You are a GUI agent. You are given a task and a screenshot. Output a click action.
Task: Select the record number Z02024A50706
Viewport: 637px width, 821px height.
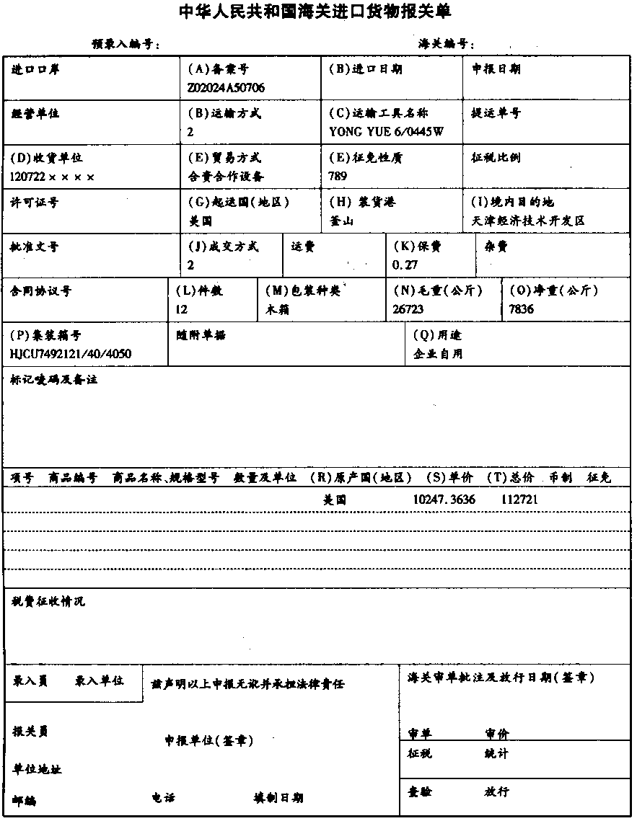point(225,88)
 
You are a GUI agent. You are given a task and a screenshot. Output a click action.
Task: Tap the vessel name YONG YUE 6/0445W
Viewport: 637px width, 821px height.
point(386,132)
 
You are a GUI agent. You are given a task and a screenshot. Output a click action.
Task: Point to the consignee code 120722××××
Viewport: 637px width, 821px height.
point(53,177)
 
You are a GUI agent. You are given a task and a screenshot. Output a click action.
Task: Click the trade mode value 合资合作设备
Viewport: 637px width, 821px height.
point(225,177)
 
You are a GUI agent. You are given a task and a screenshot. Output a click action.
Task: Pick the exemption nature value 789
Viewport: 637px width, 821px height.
point(338,177)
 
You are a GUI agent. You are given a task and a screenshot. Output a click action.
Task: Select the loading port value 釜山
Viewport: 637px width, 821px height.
point(341,221)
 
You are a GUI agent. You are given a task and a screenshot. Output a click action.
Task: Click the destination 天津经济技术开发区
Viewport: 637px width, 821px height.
point(527,221)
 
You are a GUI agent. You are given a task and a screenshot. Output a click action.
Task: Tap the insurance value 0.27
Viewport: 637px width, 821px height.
point(405,265)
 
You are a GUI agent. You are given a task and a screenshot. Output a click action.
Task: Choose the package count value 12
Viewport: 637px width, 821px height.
point(181,309)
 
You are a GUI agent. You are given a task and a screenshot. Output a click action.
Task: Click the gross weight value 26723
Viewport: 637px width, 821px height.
point(408,309)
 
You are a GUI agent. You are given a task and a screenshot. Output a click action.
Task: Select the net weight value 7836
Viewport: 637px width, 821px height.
point(523,309)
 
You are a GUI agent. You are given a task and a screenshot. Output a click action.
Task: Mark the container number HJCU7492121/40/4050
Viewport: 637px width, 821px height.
point(71,354)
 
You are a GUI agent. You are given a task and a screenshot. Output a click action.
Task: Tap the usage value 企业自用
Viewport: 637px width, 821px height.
point(438,354)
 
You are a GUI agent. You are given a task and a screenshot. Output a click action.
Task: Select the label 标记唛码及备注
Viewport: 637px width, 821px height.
point(54,379)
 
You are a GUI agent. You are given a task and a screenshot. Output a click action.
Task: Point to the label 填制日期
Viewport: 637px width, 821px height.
point(278,798)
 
